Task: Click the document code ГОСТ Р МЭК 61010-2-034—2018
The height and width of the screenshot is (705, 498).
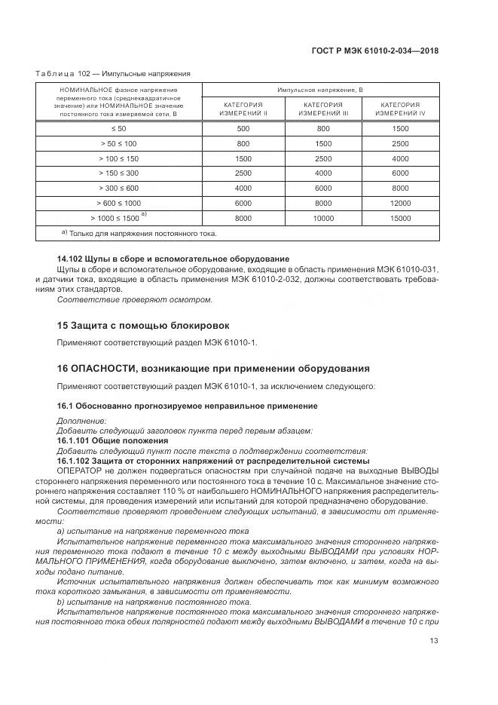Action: coord(375,51)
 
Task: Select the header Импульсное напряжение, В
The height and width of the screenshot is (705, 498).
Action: coord(319,90)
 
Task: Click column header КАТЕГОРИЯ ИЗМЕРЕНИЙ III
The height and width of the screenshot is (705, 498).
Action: coord(323,109)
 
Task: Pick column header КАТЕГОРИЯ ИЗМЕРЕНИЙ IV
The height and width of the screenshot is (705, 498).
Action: coord(400,109)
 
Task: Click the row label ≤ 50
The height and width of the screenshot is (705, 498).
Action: coord(119,129)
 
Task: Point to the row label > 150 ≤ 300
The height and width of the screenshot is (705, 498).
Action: coord(119,173)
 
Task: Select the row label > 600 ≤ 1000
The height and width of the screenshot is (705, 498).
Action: coord(119,204)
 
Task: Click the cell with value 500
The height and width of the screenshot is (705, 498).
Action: coord(243,129)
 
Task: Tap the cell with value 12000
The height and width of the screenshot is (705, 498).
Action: coord(401,204)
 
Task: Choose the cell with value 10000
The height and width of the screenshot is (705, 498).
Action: coord(323,218)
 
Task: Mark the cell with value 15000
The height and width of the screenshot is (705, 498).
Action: coord(401,218)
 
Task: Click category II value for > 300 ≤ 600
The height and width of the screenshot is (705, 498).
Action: coord(243,189)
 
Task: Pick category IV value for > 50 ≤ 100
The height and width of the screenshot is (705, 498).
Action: coord(401,144)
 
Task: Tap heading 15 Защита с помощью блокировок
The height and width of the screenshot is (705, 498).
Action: coord(143,325)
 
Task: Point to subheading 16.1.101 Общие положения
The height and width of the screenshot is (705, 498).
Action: coord(112,440)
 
